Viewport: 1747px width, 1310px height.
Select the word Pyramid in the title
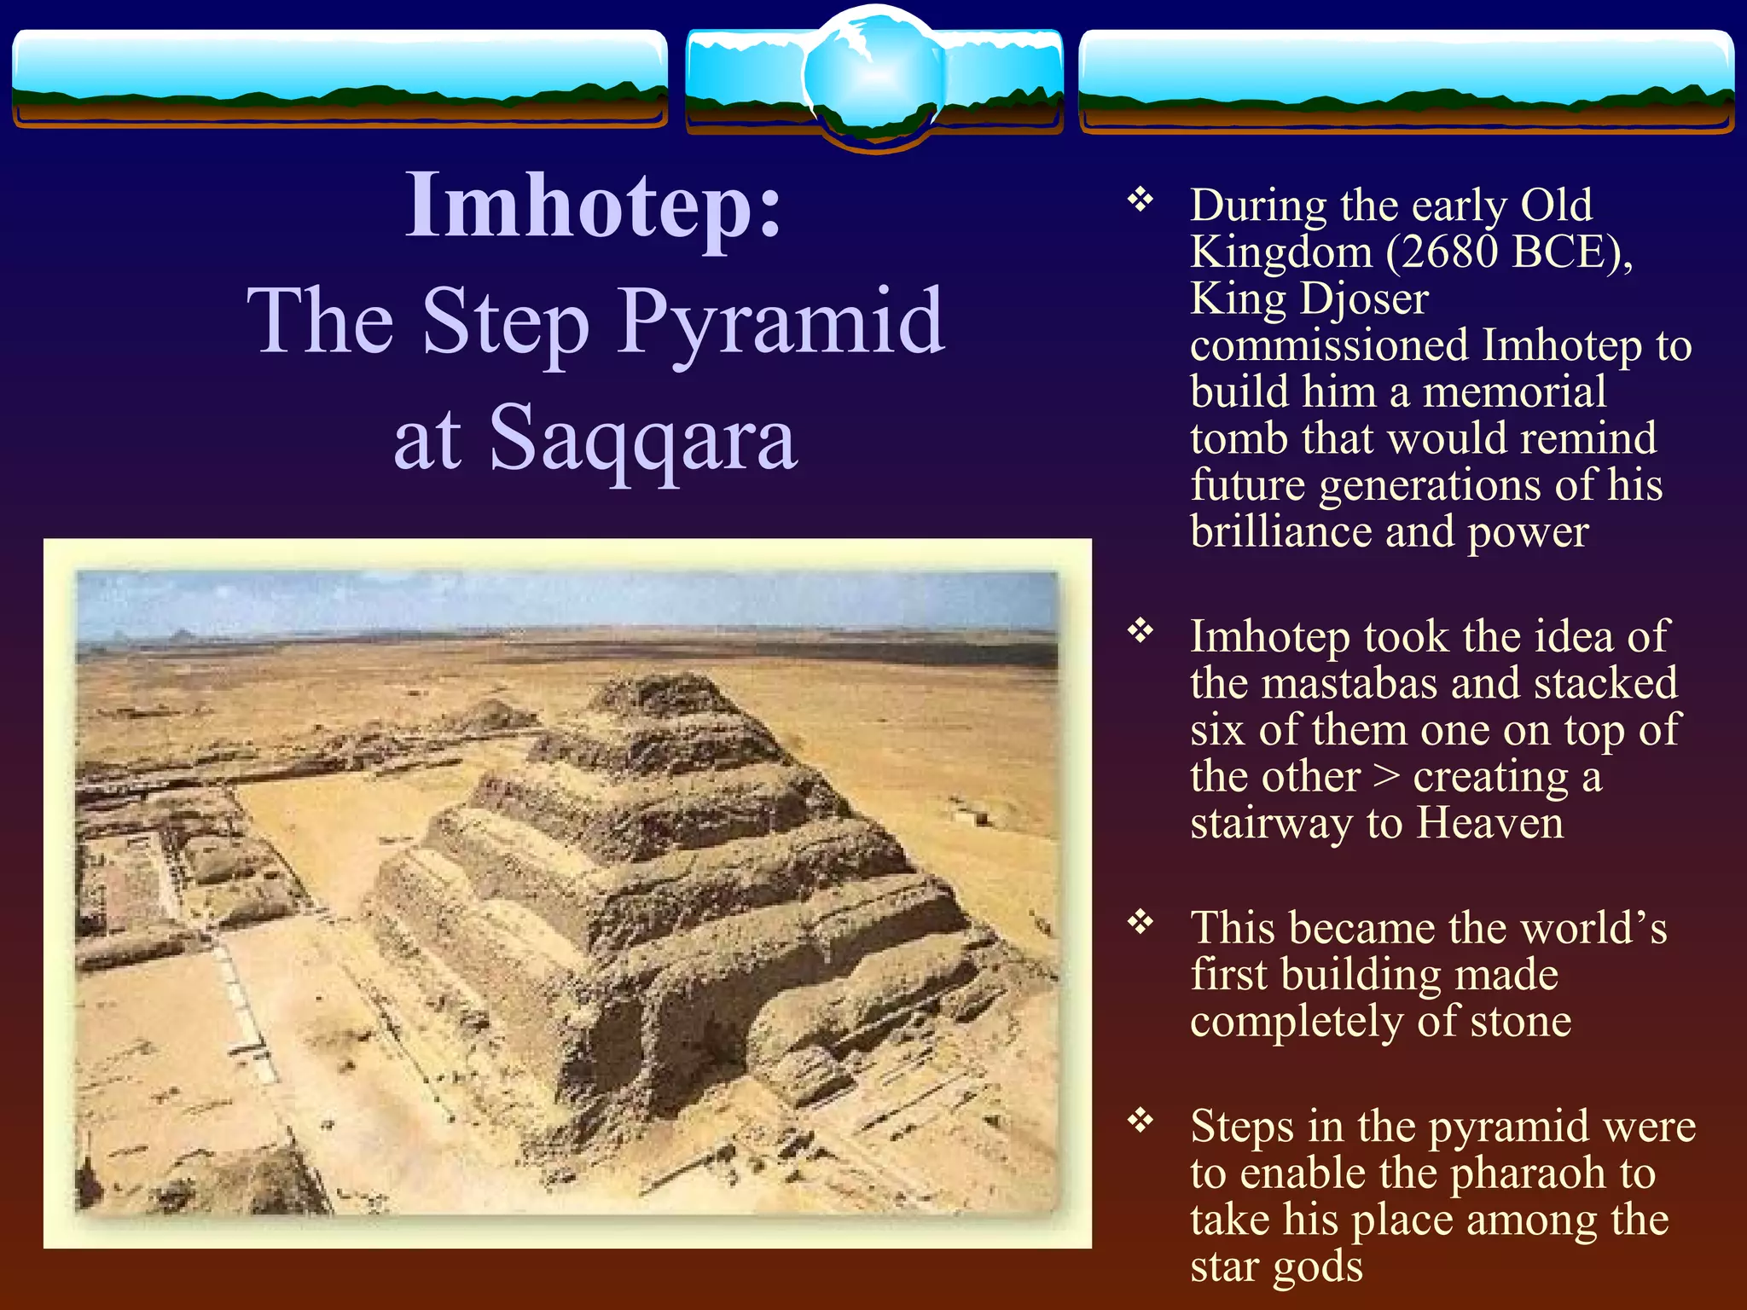781,322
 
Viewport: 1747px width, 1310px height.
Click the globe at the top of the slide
873,77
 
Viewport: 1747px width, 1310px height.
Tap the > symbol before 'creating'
1386,777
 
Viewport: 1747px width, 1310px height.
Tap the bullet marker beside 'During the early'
1140,200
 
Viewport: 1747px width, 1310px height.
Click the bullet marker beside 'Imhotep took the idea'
1140,631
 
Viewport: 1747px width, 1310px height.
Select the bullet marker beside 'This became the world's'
1140,922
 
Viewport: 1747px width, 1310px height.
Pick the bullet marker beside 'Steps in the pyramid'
1140,1120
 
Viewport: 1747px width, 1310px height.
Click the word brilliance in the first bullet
1280,532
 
